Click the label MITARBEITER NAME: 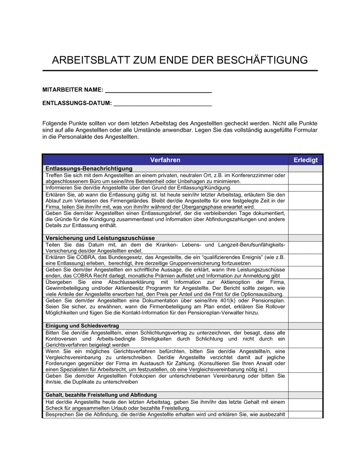(73, 90)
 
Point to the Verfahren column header (165, 160)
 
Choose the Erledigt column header (305, 160)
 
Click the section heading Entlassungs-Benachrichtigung (89, 169)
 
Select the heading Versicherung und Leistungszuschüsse (100, 238)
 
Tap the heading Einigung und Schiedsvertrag (82, 326)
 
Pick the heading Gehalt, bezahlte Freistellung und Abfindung (101, 395)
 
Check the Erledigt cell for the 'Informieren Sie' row (305, 188)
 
